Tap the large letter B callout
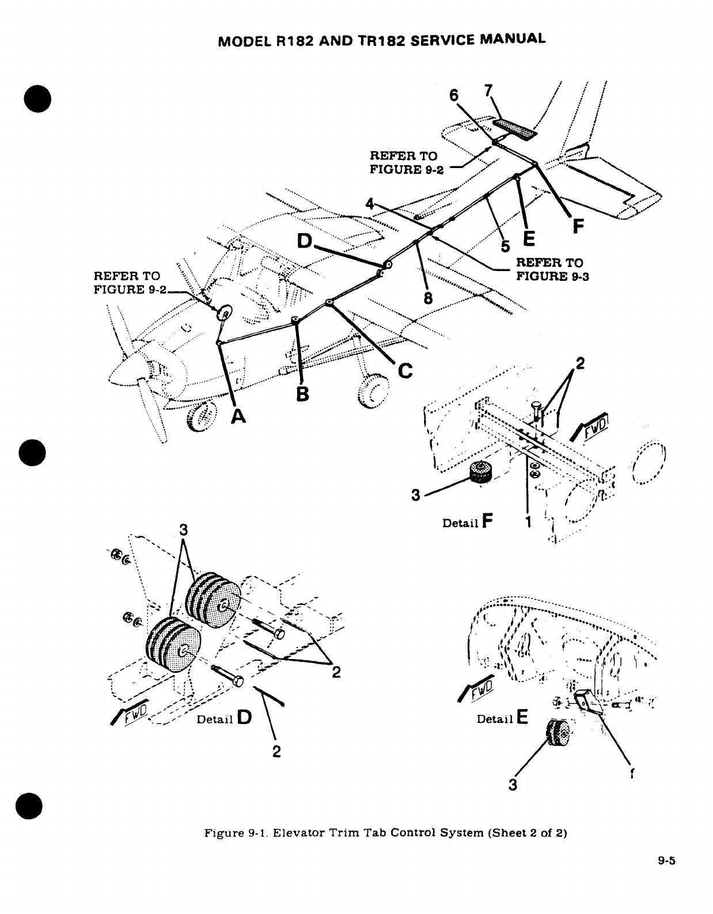tap(302, 394)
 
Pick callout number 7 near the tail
tap(488, 92)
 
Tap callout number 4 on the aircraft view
tap(371, 203)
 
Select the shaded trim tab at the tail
tap(515, 129)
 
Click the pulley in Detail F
tap(481, 473)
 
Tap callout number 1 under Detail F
tap(529, 521)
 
